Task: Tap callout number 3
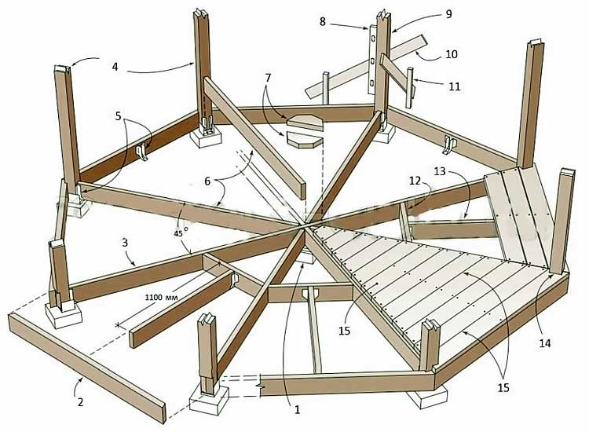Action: tap(125, 243)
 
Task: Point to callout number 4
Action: tap(115, 67)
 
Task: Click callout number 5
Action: tap(118, 115)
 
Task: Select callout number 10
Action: tap(451, 54)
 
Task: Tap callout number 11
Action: tap(454, 87)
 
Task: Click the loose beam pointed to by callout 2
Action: tap(86, 358)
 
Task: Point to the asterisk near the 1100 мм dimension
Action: tap(118, 324)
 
